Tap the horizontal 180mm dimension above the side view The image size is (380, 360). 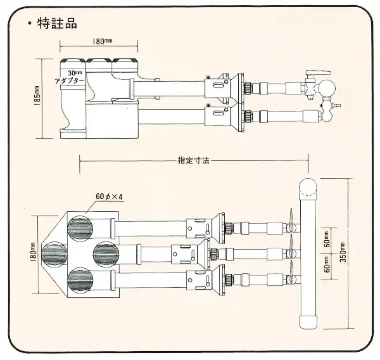point(99,41)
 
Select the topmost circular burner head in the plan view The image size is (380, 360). point(80,228)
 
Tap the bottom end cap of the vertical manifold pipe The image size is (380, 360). point(309,319)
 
